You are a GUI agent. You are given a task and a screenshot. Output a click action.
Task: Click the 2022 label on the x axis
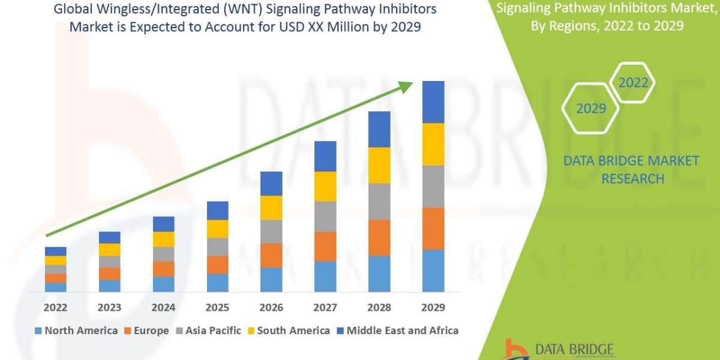(x=55, y=308)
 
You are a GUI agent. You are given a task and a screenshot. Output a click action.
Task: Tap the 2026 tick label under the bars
(x=271, y=308)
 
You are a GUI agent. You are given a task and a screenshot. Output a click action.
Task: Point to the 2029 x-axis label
(x=433, y=308)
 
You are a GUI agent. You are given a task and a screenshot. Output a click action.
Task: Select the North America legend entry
(x=76, y=331)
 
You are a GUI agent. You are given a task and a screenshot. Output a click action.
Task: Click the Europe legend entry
(x=147, y=331)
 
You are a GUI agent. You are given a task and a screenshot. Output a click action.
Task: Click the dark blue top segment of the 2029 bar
(x=433, y=102)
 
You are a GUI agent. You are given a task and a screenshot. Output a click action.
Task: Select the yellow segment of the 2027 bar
(x=325, y=186)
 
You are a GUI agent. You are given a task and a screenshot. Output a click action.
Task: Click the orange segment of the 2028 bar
(x=379, y=238)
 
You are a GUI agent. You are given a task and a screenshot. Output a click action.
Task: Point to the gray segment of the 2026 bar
(x=271, y=232)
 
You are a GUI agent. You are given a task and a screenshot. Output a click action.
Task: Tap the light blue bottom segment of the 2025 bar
(x=217, y=283)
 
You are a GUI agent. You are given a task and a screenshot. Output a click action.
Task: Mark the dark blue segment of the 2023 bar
(x=109, y=238)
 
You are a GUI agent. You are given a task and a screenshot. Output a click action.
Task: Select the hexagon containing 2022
(x=633, y=83)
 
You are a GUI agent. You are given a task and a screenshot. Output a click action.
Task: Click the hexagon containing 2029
(x=590, y=109)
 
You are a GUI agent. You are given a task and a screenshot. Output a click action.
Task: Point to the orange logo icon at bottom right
(x=514, y=350)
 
